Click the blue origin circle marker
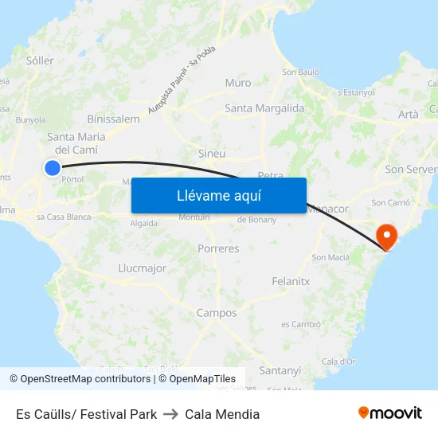point(53,167)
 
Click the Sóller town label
point(40,61)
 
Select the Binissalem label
point(113,119)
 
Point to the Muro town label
point(237,83)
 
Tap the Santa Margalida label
point(264,108)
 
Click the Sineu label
point(211,154)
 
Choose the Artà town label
point(408,115)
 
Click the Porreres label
point(217,248)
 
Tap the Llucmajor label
point(142,268)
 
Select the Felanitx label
point(291,282)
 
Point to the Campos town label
point(217,313)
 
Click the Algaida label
point(143,224)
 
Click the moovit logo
point(390,413)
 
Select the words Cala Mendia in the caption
point(222,414)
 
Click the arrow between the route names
point(170,414)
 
